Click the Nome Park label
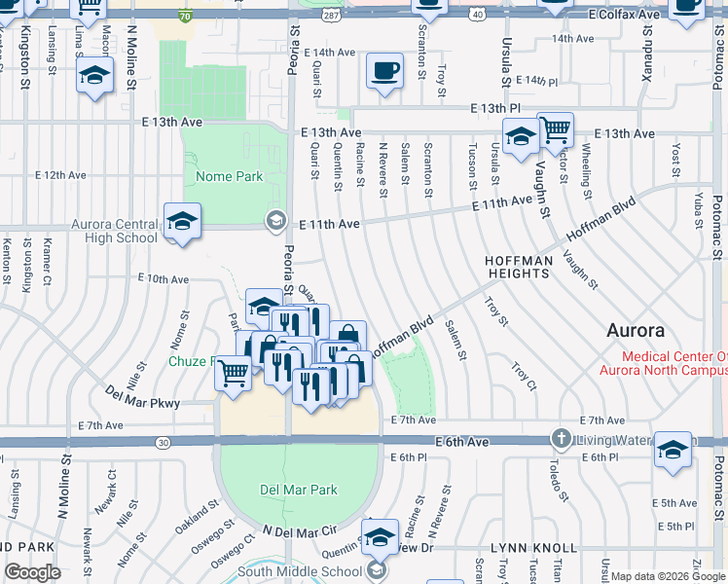[230, 177]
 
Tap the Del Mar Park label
[298, 490]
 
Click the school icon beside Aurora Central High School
[182, 221]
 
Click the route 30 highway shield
[162, 443]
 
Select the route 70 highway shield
[185, 17]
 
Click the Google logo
[33, 572]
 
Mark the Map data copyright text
[668, 576]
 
